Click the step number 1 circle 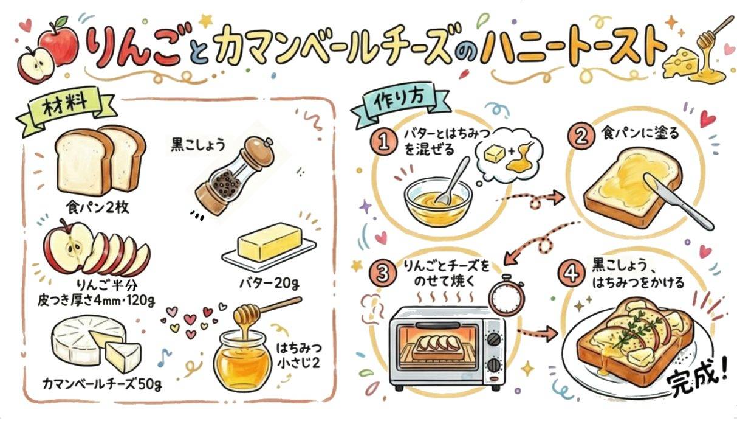pyautogui.click(x=383, y=142)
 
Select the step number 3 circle pyautogui.click(x=382, y=273)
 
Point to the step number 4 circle pyautogui.click(x=572, y=273)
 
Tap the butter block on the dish pyautogui.click(x=269, y=242)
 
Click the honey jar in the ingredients pyautogui.click(x=242, y=360)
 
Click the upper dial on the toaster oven pyautogui.click(x=493, y=339)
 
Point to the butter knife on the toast pyautogui.click(x=678, y=201)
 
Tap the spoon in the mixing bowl pyautogui.click(x=453, y=181)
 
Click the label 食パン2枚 pyautogui.click(x=97, y=207)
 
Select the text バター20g pyautogui.click(x=270, y=283)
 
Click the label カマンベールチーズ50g pyautogui.click(x=102, y=383)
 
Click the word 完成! pyautogui.click(x=698, y=379)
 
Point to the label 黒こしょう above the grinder pyautogui.click(x=197, y=145)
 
